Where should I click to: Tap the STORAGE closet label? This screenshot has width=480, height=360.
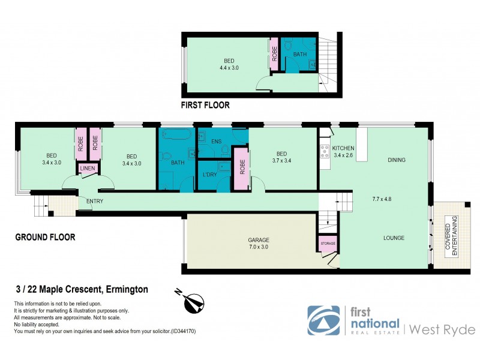tap(327, 243)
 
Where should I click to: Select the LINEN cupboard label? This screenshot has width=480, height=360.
tap(87, 170)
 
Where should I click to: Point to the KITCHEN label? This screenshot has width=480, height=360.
tap(343, 148)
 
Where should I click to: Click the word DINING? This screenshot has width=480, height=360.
tap(397, 160)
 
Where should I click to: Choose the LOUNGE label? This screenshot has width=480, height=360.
tap(394, 238)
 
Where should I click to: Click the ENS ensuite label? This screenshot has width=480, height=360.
tap(217, 142)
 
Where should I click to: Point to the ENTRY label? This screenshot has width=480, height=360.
tap(95, 201)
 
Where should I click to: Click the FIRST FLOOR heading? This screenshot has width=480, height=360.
tap(205, 105)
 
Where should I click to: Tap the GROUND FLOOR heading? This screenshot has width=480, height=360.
tap(45, 237)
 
